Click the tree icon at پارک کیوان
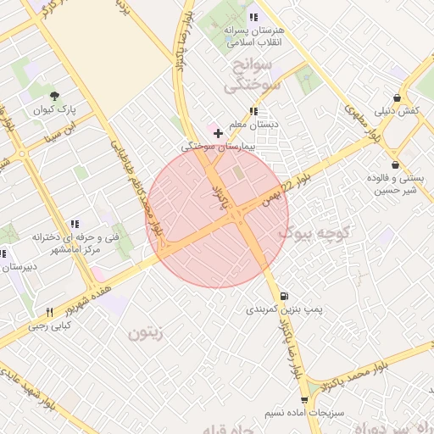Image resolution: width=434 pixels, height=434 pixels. [54, 96]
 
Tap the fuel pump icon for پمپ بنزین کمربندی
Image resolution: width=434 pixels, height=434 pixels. [283, 296]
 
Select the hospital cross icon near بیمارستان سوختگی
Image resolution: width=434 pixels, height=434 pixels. [218, 133]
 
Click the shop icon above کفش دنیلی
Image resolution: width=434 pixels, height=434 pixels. [397, 97]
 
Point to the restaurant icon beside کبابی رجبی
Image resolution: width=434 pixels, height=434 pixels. [49, 312]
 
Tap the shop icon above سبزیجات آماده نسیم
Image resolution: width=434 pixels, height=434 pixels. [304, 399]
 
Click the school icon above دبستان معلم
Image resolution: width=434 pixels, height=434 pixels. [253, 111]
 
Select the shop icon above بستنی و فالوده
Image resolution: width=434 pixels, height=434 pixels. [395, 164]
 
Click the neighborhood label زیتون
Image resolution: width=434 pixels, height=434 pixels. [144, 333]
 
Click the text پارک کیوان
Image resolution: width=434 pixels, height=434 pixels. [54, 110]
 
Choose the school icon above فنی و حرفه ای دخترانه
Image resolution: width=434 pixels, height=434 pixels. [75, 225]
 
